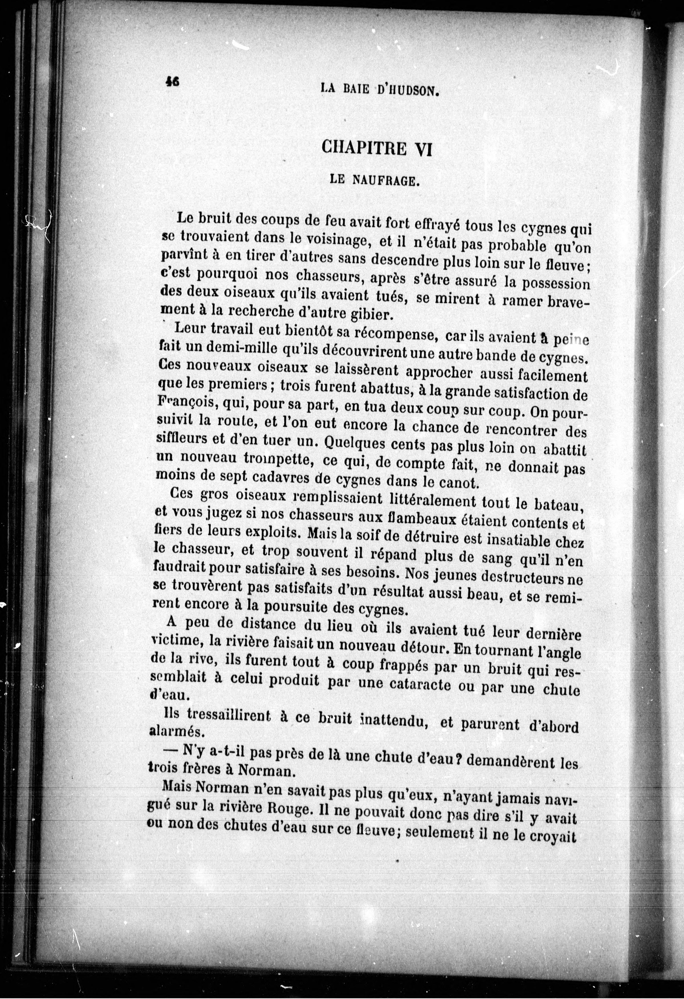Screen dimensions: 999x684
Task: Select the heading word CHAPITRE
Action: pyautogui.click(x=363, y=149)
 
